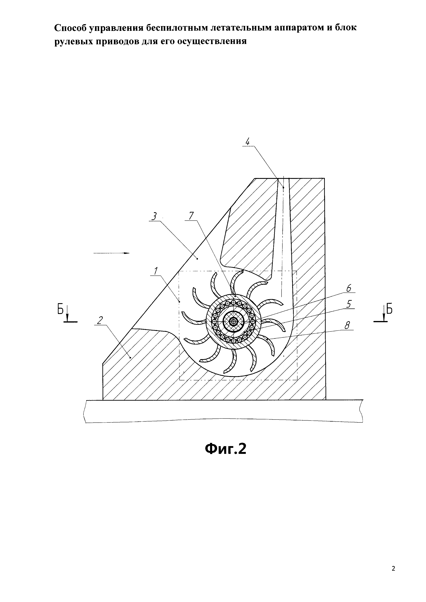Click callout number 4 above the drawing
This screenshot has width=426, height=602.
point(247,142)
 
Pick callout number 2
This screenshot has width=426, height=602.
point(100,320)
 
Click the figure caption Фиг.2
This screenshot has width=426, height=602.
point(225,449)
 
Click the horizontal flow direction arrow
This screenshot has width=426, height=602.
point(111,253)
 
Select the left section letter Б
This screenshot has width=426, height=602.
point(61,310)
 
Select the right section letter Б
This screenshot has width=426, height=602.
point(390,310)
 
